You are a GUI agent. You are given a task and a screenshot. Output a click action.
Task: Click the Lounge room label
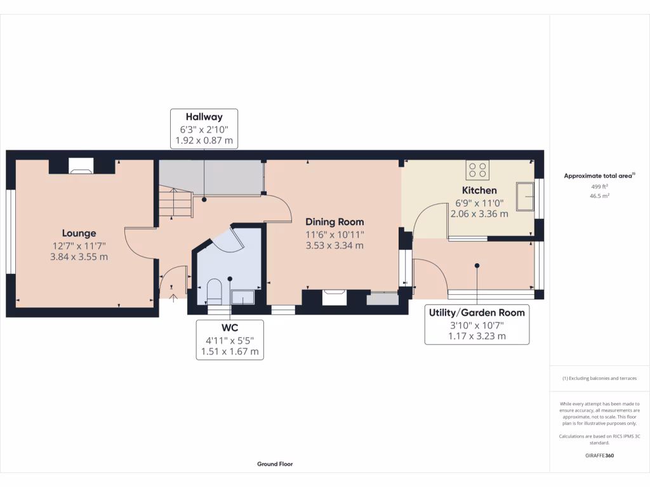click(79, 233)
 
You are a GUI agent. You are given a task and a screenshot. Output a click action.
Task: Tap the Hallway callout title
click(204, 117)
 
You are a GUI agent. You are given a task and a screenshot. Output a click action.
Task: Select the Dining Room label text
click(335, 222)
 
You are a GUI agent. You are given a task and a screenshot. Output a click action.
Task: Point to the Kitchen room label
click(479, 190)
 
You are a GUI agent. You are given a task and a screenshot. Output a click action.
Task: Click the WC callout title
click(229, 328)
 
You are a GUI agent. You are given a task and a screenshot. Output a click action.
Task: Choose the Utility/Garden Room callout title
click(476, 313)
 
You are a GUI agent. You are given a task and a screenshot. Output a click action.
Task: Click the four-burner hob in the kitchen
click(477, 169)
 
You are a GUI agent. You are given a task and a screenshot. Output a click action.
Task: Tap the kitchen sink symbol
click(525, 196)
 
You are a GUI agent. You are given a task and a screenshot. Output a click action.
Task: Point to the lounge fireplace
click(81, 167)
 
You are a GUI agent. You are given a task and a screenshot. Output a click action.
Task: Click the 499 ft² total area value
click(599, 186)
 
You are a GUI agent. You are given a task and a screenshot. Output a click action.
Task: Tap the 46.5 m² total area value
click(599, 197)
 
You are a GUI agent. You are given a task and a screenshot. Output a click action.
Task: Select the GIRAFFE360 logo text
click(599, 455)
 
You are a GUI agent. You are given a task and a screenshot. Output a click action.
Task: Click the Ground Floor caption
click(275, 464)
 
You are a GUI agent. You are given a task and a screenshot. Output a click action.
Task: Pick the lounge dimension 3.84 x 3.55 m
click(79, 257)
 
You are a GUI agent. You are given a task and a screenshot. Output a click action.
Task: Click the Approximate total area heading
click(599, 176)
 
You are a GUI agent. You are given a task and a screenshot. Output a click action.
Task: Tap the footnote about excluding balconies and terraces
click(599, 379)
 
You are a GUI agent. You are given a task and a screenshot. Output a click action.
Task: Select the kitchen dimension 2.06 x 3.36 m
click(479, 214)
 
